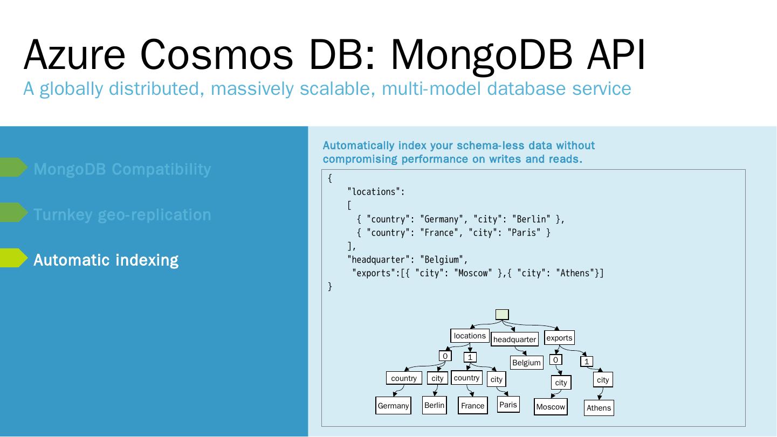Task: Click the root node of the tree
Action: coord(501,314)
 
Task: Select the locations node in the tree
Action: coord(470,336)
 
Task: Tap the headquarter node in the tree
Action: coord(514,339)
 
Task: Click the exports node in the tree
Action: coord(559,338)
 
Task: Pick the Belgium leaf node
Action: coord(526,363)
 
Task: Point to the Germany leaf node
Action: coord(393,406)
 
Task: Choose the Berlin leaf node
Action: coord(434,405)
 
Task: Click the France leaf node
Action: coord(472,406)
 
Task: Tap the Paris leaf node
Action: coord(508,405)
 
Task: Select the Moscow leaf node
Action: coord(551,407)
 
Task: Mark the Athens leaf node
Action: coord(599,408)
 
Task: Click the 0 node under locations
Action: coord(445,356)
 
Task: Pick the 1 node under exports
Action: coord(587,362)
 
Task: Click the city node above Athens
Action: coord(603,380)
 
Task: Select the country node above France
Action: coord(466,378)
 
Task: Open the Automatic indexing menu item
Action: coord(106,260)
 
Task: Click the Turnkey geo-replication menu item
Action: coord(122,214)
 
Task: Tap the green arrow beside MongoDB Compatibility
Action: coord(13,168)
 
